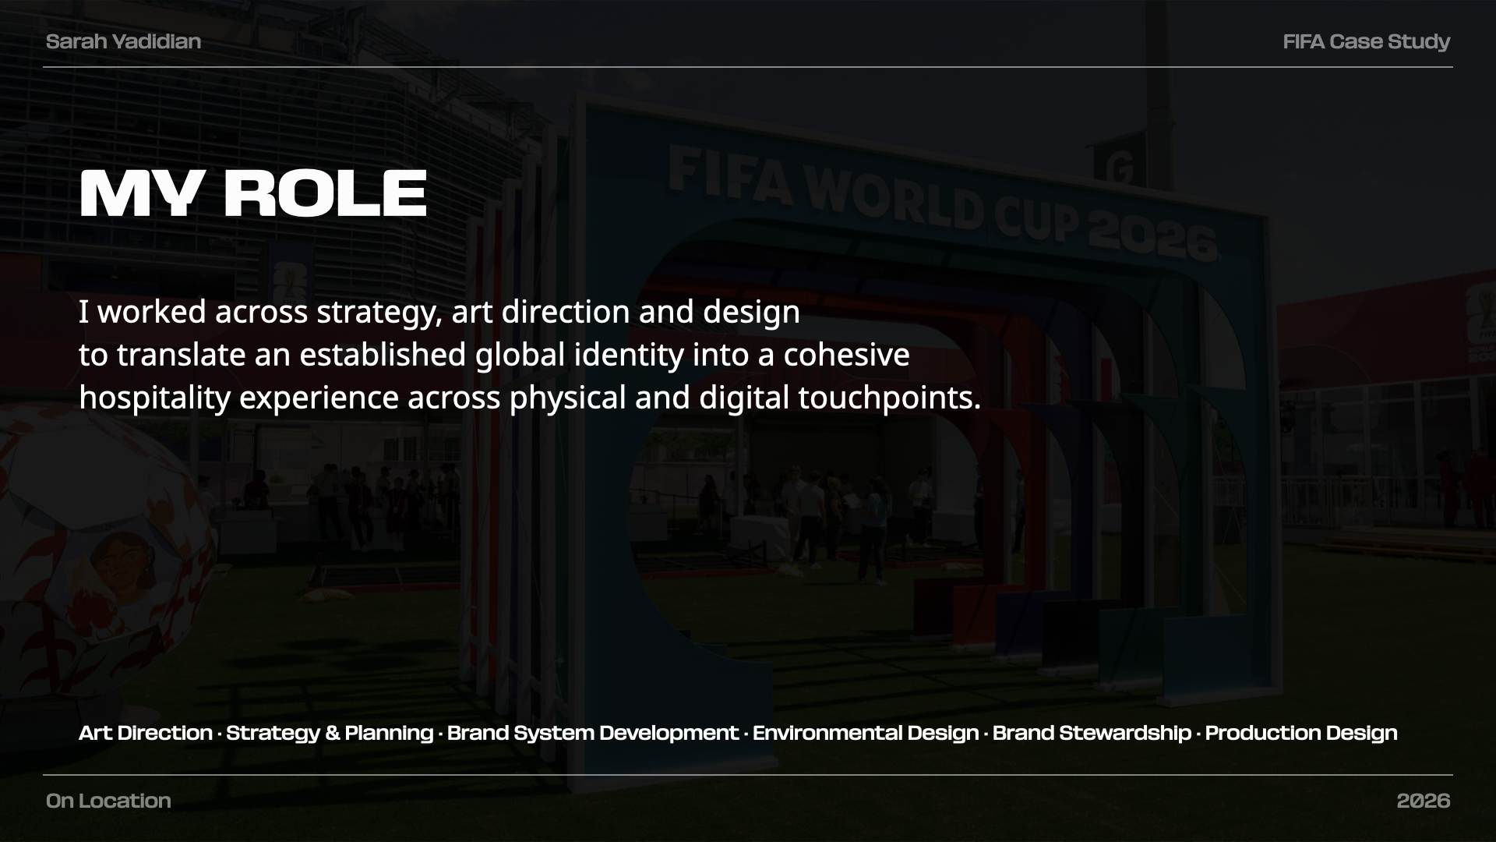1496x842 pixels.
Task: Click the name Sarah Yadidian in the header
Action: pyautogui.click(x=123, y=41)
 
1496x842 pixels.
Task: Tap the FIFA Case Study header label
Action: pyautogui.click(x=1366, y=42)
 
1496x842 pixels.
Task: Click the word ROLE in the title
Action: pyautogui.click(x=326, y=193)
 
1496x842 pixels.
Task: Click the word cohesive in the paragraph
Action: pyautogui.click(x=846, y=355)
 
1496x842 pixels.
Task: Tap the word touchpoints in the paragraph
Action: pyautogui.click(x=889, y=398)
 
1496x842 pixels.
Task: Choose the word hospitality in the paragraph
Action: pyautogui.click(x=155, y=398)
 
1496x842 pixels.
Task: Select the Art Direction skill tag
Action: pyautogui.click(x=146, y=733)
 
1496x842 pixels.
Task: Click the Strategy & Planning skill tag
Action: pyautogui.click(x=330, y=734)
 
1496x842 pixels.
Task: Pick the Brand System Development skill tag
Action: pyautogui.click(x=592, y=734)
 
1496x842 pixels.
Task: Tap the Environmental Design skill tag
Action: pyautogui.click(x=866, y=734)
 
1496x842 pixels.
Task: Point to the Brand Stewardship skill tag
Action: pyautogui.click(x=1092, y=734)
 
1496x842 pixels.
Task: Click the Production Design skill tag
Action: pyautogui.click(x=1301, y=734)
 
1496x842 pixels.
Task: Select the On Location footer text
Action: pyautogui.click(x=108, y=801)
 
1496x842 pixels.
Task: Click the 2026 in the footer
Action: pyautogui.click(x=1424, y=801)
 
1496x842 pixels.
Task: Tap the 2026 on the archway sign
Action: pyautogui.click(x=1152, y=235)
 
